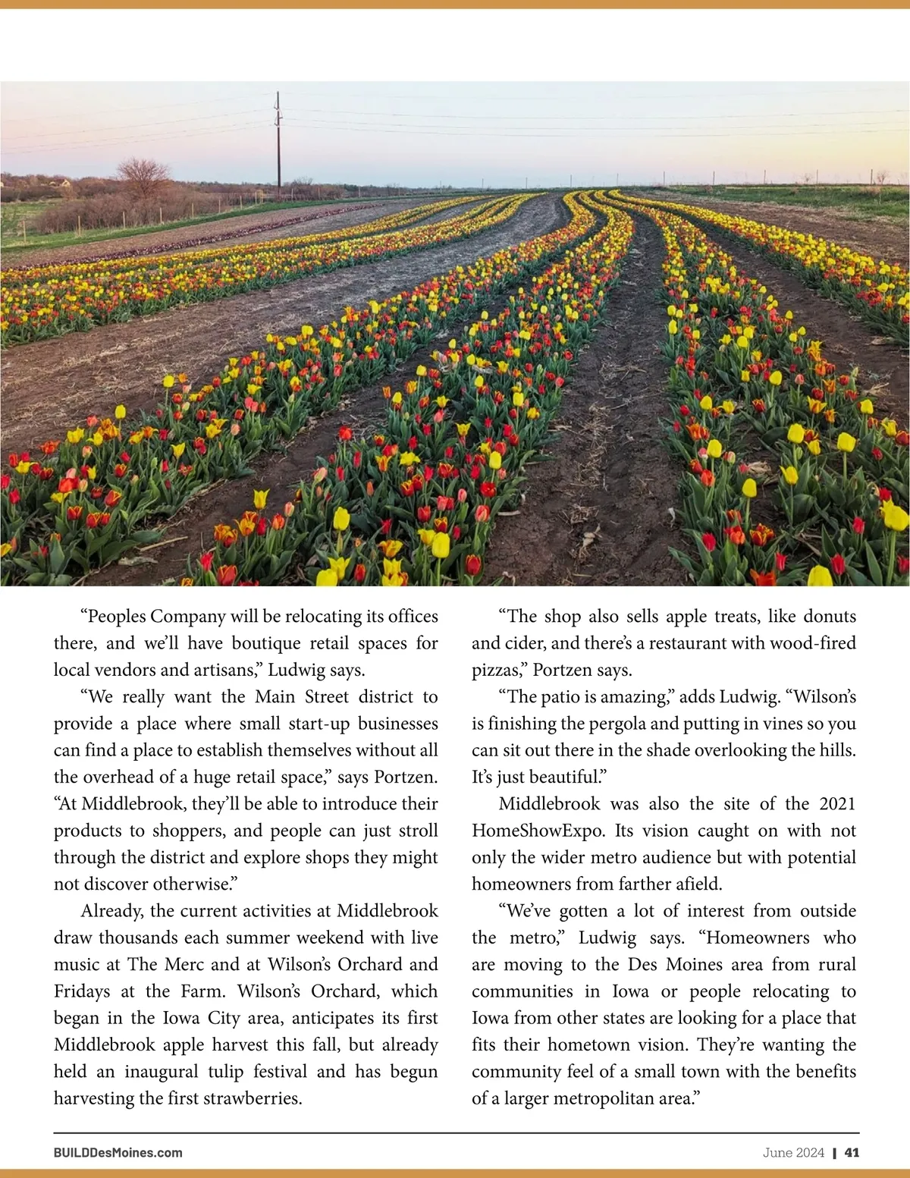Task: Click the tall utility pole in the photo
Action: tap(278, 144)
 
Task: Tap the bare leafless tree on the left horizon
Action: tap(143, 178)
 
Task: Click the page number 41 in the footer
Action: tap(852, 1152)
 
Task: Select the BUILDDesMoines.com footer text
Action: tap(118, 1152)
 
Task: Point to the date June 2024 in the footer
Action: tap(793, 1152)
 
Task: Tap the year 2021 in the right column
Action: tap(837, 803)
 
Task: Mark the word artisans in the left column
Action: tap(227, 671)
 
